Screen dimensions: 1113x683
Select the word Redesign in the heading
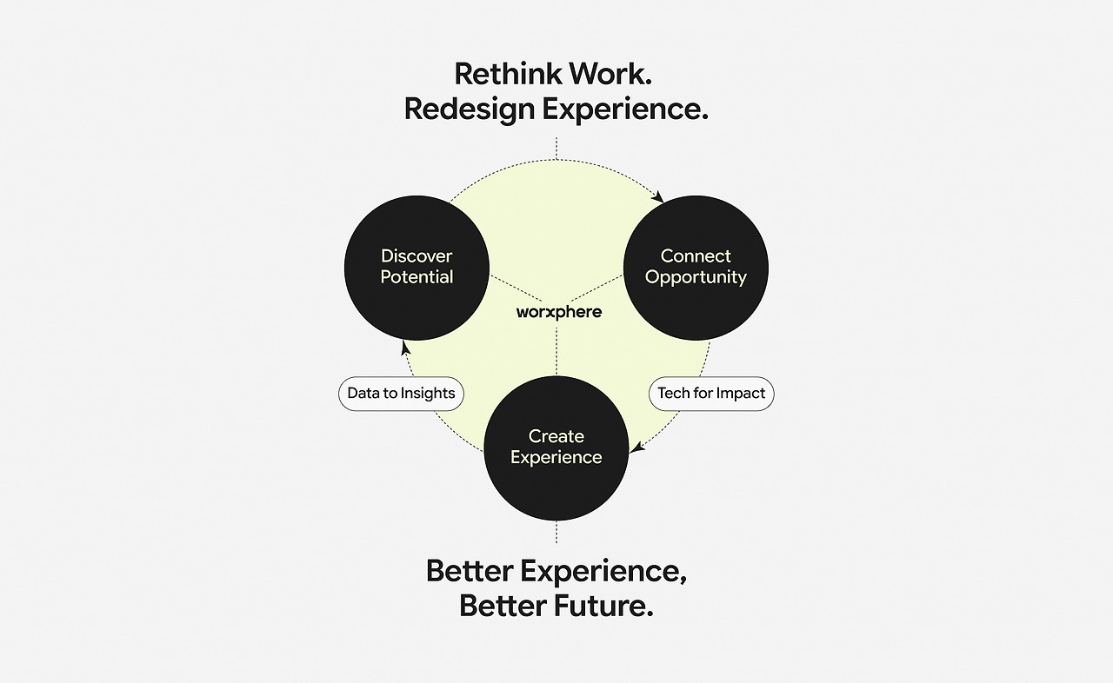coord(469,109)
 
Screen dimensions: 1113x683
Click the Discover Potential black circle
coord(417,268)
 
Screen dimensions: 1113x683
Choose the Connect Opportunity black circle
coord(696,268)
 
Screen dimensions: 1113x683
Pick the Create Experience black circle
coord(556,448)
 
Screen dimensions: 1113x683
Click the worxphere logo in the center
coord(559,312)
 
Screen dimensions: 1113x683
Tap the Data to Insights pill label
coord(401,394)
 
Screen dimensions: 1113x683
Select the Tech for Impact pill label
coord(711,394)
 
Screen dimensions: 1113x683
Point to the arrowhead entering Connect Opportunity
coord(658,196)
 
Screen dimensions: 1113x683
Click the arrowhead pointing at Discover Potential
coord(405,348)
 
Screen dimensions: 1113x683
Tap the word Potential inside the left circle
coord(417,277)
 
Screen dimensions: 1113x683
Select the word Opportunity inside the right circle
coord(696,278)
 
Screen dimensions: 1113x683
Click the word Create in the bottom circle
coord(556,436)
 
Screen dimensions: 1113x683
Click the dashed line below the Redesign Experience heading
coord(556,149)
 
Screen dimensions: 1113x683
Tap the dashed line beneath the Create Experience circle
coord(556,532)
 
